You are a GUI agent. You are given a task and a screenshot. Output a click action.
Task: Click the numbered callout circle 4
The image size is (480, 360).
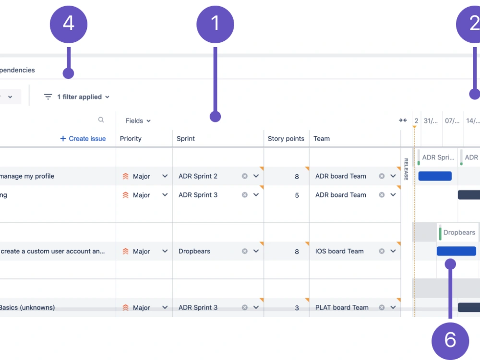tap(69, 23)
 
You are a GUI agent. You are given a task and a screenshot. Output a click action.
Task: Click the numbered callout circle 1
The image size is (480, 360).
tap(215, 23)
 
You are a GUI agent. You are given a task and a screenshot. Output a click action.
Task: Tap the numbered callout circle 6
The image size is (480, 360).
tap(450, 340)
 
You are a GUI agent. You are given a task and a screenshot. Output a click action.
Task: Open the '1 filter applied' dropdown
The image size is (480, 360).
tap(83, 97)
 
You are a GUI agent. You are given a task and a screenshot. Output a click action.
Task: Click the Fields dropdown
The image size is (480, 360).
tap(138, 121)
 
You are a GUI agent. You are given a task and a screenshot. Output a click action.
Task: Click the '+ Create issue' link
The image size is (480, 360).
tap(83, 139)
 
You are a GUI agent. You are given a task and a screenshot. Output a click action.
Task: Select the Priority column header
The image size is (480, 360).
tap(131, 139)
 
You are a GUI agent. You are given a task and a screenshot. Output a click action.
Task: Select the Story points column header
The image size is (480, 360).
tap(286, 139)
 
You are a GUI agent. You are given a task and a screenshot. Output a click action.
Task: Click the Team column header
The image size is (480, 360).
tap(322, 139)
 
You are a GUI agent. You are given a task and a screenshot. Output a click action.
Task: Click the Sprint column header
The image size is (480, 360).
tap(185, 139)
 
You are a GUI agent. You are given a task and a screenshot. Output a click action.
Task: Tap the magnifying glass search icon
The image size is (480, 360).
tap(101, 120)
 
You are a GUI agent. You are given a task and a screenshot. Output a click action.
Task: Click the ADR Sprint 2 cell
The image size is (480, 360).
tap(198, 176)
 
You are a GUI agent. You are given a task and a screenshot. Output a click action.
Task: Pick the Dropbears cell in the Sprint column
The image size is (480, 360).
tap(194, 251)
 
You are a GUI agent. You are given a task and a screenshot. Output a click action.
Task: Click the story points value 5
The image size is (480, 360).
tap(297, 195)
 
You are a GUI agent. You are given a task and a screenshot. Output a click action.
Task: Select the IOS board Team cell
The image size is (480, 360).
tap(339, 251)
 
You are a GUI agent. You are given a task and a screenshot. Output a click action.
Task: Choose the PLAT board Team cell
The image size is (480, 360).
tap(342, 308)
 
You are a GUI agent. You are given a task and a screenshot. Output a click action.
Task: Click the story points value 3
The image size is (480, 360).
tap(297, 308)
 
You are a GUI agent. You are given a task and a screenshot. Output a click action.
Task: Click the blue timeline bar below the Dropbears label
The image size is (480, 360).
tap(456, 251)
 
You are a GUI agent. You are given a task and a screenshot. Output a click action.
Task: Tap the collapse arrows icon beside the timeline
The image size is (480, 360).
tap(403, 120)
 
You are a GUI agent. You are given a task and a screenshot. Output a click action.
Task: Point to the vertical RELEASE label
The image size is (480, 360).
tap(406, 169)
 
